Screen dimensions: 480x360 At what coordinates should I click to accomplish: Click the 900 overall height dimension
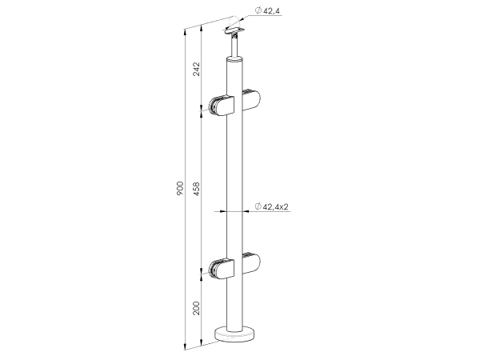[x=180, y=188]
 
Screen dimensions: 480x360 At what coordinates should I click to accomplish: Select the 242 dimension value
[x=196, y=69]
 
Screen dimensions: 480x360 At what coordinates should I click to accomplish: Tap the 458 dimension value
[x=196, y=189]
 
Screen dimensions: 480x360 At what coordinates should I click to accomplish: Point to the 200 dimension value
[x=196, y=308]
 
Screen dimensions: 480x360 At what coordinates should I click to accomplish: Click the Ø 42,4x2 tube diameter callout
[x=271, y=206]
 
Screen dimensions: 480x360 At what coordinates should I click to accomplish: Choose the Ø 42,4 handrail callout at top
[x=267, y=11]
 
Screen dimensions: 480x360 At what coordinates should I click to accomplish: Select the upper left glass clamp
[x=222, y=106]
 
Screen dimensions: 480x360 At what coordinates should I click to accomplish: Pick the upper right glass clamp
[x=251, y=100]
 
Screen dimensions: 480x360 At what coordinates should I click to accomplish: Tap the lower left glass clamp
[x=222, y=270]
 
